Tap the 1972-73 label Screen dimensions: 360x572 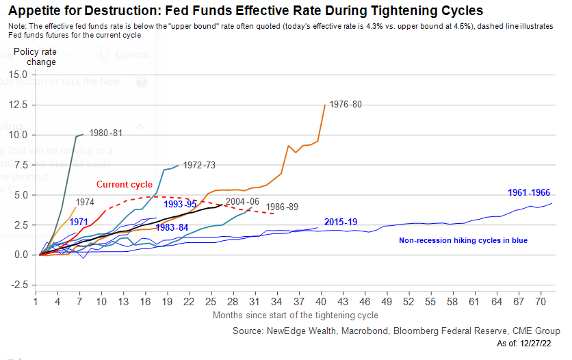[x=199, y=165]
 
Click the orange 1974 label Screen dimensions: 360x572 [x=85, y=202]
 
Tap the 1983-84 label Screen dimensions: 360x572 [x=172, y=227]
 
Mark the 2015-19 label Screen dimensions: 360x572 [x=340, y=222]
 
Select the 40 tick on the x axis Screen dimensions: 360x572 [x=321, y=301]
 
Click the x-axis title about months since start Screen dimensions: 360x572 [x=295, y=315]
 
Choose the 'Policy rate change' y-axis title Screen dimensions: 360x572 [x=35, y=57]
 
